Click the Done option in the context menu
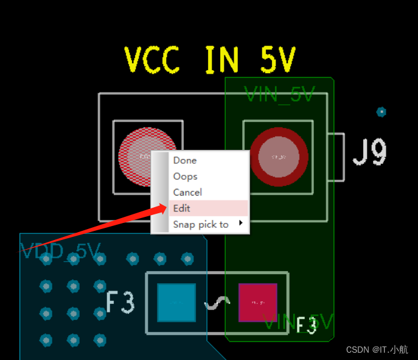[184, 160]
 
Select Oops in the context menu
[185, 176]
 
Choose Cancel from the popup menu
[187, 192]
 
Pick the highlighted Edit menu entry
[182, 208]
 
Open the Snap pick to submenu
[201, 224]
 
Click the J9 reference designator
[370, 152]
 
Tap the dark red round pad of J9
[279, 157]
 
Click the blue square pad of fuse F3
[176, 303]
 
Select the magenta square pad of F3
[257, 302]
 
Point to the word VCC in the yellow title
[152, 60]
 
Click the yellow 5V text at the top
[277, 60]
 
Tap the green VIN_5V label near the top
[279, 94]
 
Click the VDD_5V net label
[61, 251]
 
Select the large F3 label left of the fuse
[120, 302]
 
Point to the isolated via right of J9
[381, 111]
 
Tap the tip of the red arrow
[165, 208]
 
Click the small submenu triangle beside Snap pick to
[241, 224]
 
